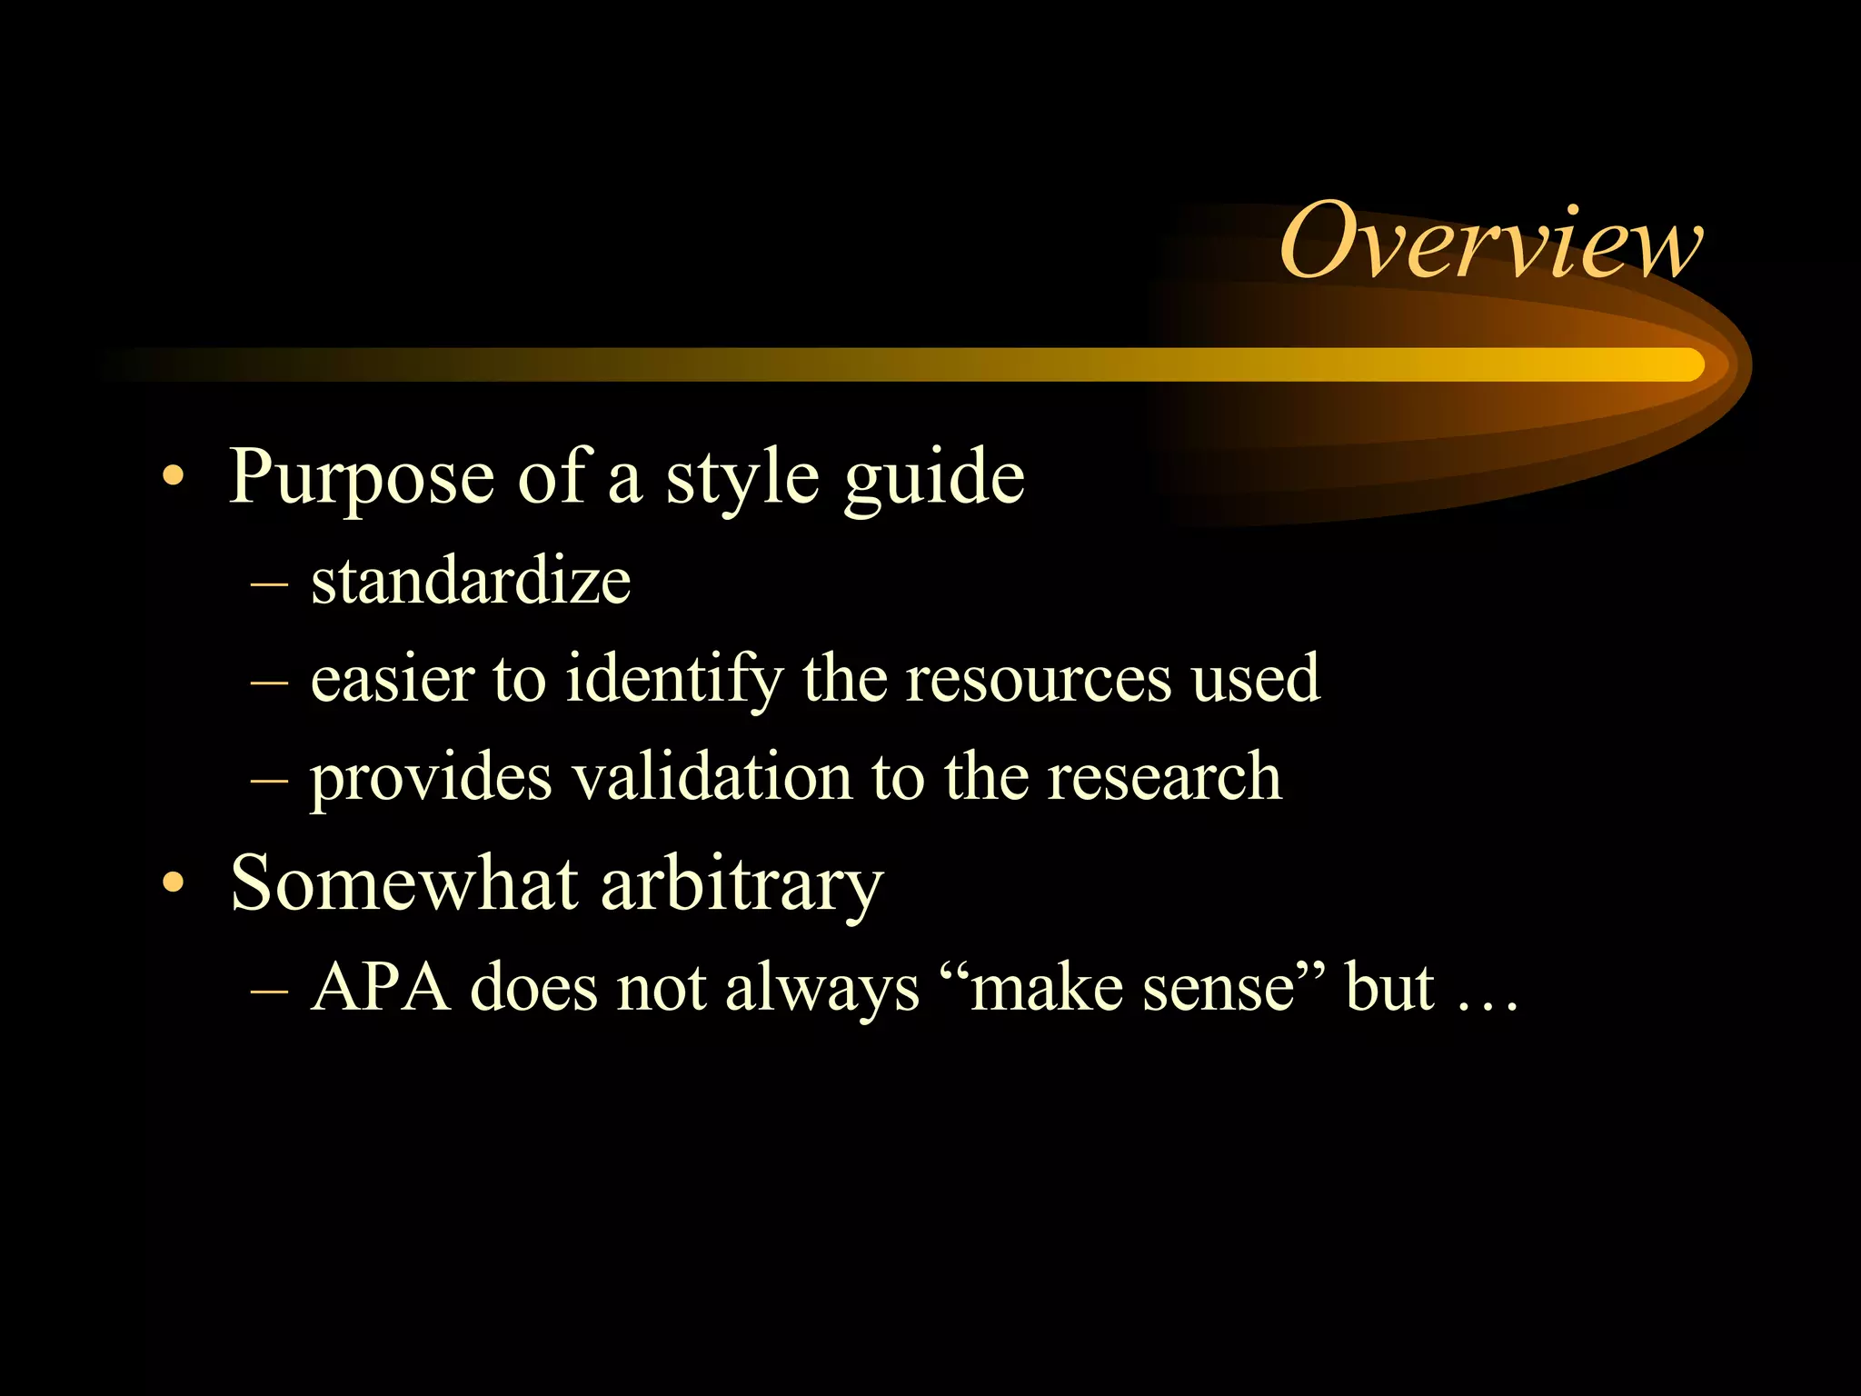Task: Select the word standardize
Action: pyautogui.click(x=471, y=582)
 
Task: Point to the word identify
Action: pyautogui.click(x=673, y=680)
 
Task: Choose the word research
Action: pyautogui.click(x=1164, y=778)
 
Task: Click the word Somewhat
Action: pyautogui.click(x=404, y=883)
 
